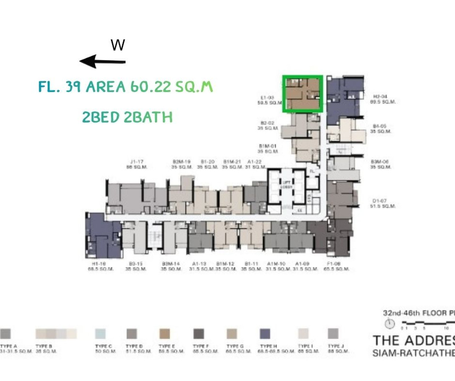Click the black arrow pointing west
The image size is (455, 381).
102,61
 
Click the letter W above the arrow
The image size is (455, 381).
118,45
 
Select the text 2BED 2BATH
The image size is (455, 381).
127,117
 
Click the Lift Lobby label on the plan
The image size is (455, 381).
285,184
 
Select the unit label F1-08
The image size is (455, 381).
336,264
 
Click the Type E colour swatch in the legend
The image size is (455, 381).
165,334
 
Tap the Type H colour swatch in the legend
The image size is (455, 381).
265,334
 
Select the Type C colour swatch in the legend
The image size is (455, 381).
100,334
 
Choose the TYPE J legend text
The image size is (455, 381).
334,346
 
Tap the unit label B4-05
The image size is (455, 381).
379,126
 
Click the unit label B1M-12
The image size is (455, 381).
226,264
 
